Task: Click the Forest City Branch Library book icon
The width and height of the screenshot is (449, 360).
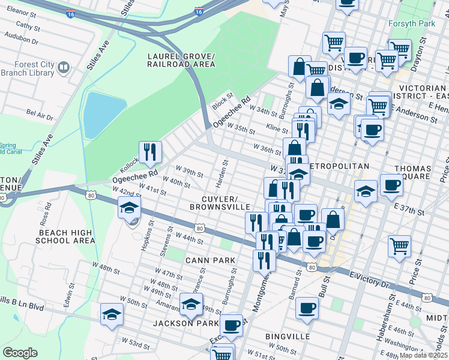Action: click(63, 69)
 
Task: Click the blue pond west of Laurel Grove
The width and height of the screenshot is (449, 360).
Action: click(104, 115)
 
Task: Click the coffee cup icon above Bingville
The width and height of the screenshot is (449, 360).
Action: click(307, 308)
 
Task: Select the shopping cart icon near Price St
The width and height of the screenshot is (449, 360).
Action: click(400, 245)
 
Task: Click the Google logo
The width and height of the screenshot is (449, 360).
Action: click(20, 352)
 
